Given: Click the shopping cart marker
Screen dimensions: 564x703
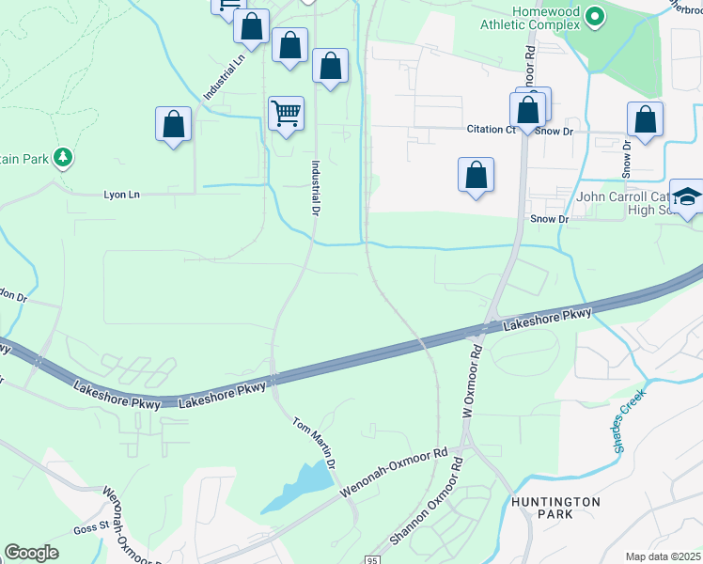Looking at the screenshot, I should click(286, 115).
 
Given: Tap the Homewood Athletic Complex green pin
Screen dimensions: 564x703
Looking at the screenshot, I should click(594, 16).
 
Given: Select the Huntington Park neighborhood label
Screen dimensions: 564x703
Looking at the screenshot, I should click(555, 509).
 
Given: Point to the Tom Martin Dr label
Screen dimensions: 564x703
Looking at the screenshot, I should click(314, 444).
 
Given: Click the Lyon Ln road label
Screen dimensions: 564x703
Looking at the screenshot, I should click(120, 195).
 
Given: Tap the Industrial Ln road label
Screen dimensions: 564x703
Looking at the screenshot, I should click(223, 78).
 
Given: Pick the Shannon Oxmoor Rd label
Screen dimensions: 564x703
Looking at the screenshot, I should click(427, 504).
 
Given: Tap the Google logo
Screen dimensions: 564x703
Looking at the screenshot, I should click(31, 553).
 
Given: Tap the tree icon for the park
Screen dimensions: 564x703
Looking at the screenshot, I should click(63, 157).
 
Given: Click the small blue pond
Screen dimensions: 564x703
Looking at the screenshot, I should click(301, 486).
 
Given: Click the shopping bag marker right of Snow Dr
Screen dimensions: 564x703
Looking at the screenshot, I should click(645, 120).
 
